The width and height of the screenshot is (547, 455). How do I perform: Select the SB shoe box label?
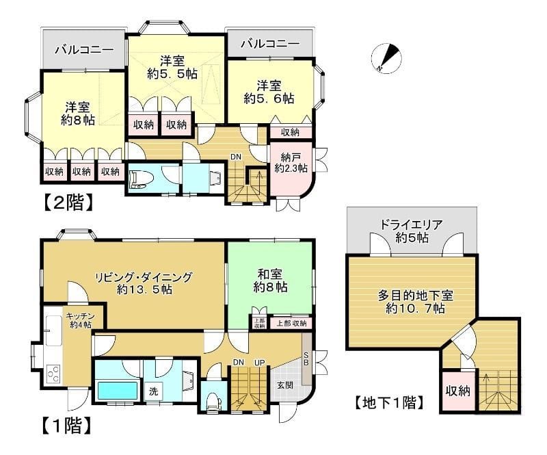point(306,357)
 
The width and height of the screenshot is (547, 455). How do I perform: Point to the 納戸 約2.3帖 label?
point(291,162)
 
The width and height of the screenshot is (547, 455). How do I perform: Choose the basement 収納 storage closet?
point(458,391)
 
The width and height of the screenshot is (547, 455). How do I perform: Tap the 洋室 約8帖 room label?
point(77,113)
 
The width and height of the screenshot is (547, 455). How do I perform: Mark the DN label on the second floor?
point(235,157)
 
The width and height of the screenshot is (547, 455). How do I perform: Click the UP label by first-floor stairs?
point(259,361)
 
